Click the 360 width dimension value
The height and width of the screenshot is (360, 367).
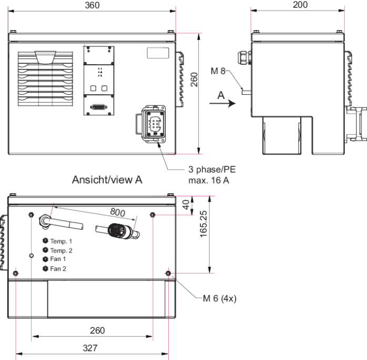(92, 5)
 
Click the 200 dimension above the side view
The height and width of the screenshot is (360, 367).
(300, 5)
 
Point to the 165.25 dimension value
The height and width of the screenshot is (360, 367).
(203, 224)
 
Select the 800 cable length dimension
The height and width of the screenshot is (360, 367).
(117, 212)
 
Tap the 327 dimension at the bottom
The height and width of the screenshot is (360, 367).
(90, 348)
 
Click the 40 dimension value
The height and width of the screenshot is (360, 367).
(186, 205)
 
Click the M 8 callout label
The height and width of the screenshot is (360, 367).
(218, 71)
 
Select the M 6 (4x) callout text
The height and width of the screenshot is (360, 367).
(220, 298)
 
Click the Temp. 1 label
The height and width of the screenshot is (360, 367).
(61, 241)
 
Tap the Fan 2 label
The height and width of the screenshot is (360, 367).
(58, 268)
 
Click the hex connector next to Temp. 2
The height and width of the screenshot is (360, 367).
(45, 250)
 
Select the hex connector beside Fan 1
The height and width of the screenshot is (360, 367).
(45, 259)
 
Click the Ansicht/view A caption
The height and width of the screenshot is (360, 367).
(107, 179)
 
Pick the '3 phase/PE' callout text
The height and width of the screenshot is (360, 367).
(212, 169)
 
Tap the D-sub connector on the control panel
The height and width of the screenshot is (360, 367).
(99, 107)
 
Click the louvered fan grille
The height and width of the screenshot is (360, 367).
(45, 78)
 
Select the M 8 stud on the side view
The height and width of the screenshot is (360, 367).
(247, 92)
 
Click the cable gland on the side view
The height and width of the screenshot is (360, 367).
(244, 58)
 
